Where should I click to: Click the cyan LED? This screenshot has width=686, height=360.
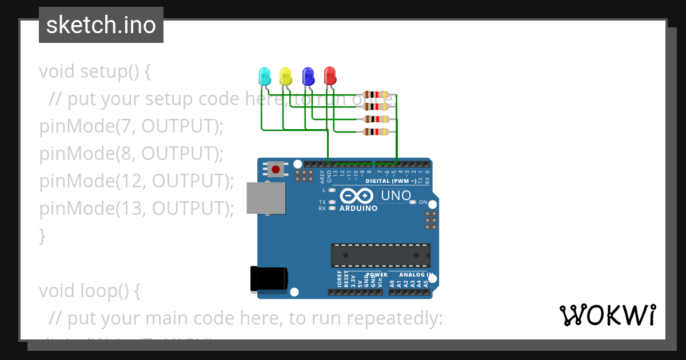pos(264,75)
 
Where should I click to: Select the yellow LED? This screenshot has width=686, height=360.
pos(285,75)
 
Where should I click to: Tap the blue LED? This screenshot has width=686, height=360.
pos(308,75)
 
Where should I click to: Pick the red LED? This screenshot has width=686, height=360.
pos(330,75)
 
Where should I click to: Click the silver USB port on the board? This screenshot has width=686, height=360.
pos(266,198)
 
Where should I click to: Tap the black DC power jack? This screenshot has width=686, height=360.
pos(268,279)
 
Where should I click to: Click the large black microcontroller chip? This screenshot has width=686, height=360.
pos(381,255)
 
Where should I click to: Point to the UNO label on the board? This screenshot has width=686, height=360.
pos(396,196)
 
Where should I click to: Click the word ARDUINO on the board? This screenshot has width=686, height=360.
pos(358,209)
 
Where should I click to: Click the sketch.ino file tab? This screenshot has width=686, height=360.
pos(101,25)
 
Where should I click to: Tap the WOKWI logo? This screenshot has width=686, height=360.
pos(607,315)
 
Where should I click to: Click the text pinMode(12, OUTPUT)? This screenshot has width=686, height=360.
pos(137,181)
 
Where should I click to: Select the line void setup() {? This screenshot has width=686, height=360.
pos(95,71)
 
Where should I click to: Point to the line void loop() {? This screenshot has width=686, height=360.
pos(89,291)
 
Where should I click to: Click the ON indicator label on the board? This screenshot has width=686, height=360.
pos(423,202)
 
